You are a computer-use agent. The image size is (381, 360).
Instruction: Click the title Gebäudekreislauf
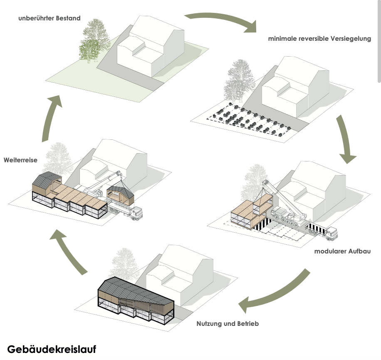[x=51, y=349]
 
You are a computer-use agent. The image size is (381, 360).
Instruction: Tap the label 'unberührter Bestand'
[x=49, y=18]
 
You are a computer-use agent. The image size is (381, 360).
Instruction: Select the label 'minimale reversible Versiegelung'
[x=319, y=39]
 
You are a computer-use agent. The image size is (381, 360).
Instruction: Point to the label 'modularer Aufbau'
[x=342, y=251]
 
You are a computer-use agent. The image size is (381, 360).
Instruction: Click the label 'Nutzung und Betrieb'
[x=227, y=323]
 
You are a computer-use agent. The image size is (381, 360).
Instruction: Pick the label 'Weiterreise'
[x=21, y=159]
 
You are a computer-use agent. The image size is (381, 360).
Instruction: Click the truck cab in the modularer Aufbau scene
[x=331, y=233]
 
